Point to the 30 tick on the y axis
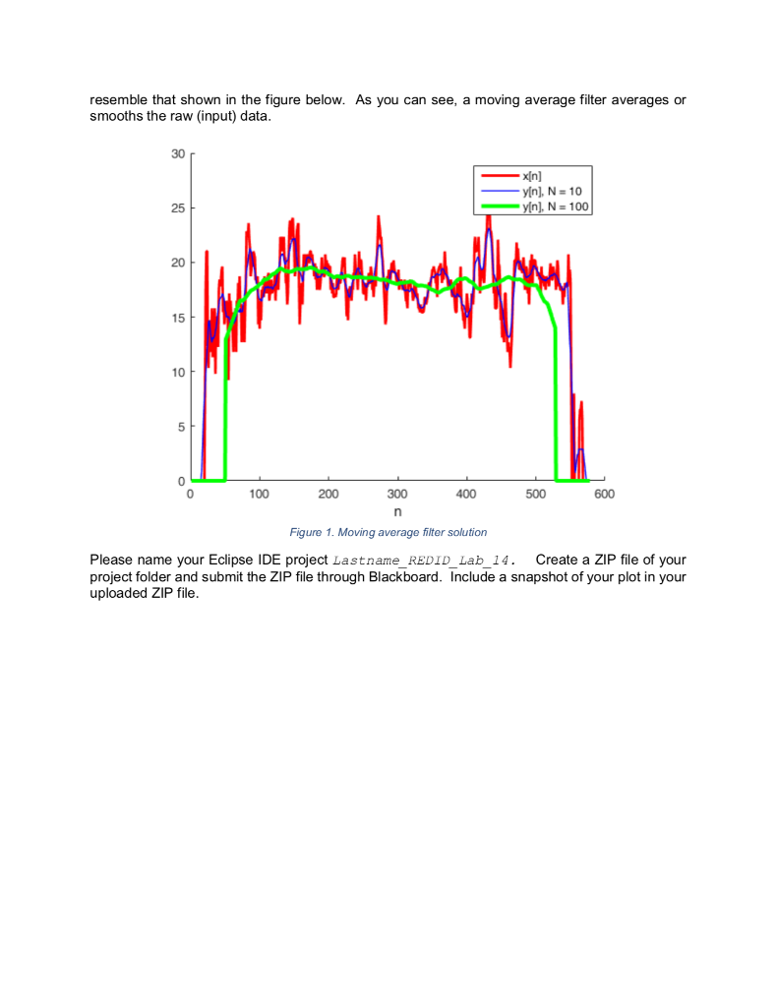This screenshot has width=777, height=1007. pos(178,154)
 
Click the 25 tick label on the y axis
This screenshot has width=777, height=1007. pos(178,208)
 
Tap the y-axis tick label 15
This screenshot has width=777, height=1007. pos(178,318)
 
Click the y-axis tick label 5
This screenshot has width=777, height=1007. pos(181,427)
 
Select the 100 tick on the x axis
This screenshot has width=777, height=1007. pos(260,494)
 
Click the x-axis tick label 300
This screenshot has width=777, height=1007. pos(397,494)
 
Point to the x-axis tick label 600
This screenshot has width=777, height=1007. pos(604,494)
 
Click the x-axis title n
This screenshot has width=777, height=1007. pos(397,511)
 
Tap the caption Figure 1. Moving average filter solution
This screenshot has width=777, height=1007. pos(388,532)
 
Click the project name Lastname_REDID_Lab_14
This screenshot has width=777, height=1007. pos(424,561)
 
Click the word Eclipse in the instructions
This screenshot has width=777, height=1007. pos(230,560)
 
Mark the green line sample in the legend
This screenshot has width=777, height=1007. pos(501,207)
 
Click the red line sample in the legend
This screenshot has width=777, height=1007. pos(501,176)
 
